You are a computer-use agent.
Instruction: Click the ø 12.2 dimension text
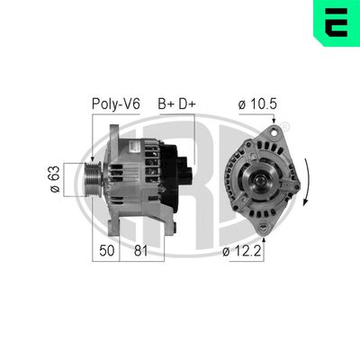coord(243,252)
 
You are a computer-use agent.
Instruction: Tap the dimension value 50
coord(107,252)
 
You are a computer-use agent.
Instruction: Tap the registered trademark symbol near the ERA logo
coord(286,124)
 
